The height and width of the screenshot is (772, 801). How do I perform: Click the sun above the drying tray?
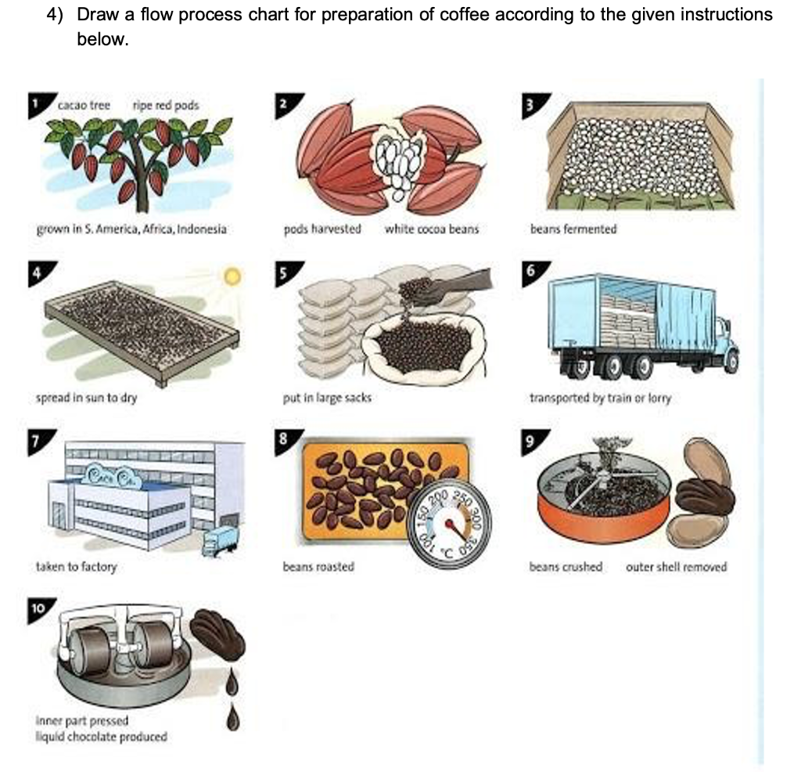pos(231,276)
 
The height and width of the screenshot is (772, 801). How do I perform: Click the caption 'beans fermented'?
pos(573,229)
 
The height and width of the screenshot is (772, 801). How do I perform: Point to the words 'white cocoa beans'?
pos(431,229)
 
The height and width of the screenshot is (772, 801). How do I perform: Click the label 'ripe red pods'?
pos(166,105)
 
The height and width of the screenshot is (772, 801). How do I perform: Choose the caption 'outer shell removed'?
pos(676,566)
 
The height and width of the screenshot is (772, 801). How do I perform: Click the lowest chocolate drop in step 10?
pos(232,716)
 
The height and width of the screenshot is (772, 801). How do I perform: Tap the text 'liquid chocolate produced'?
pos(101,736)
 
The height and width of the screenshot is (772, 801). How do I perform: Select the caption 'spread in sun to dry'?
pos(87,398)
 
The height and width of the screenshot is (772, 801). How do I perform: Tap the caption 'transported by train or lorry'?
pos(600,398)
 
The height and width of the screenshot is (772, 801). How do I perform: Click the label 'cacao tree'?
pos(84,105)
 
